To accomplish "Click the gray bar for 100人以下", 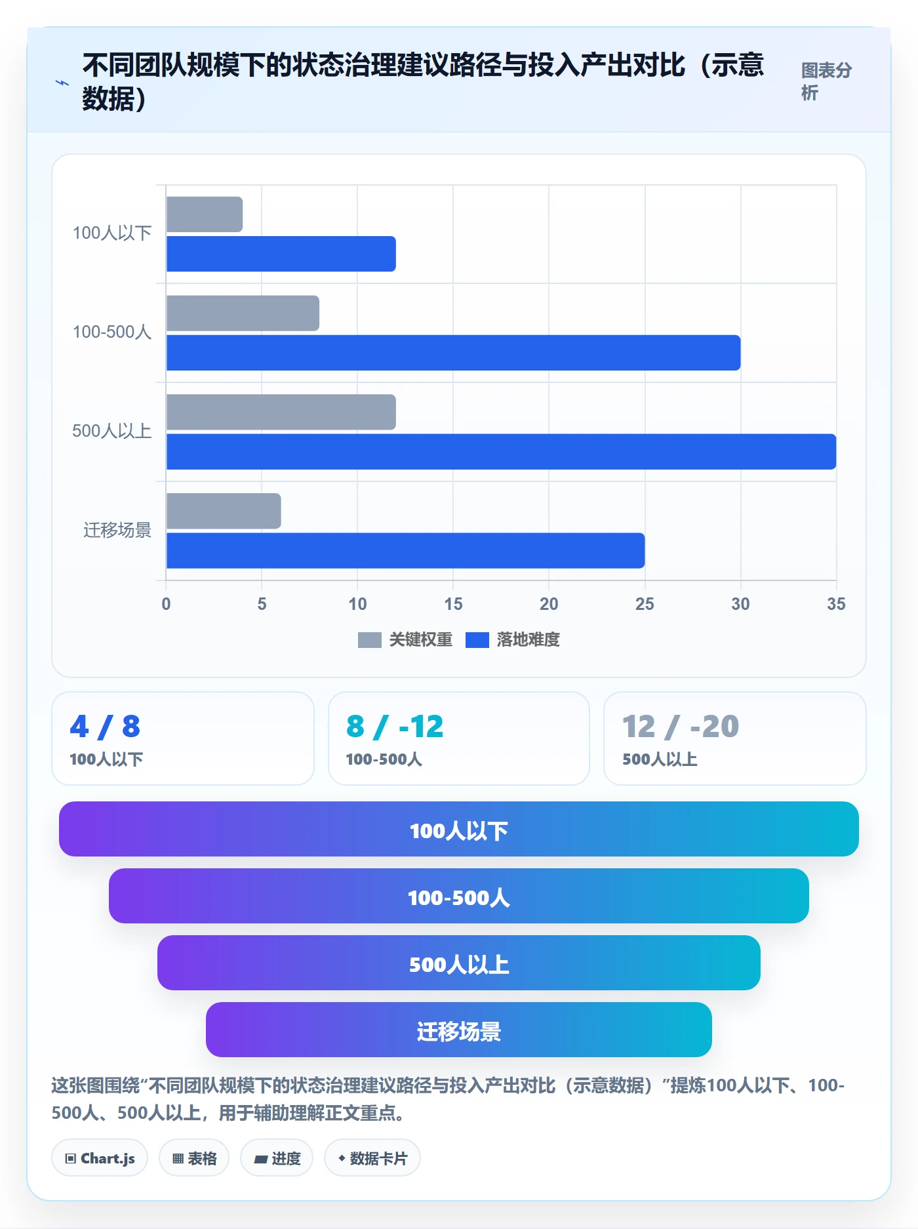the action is pyautogui.click(x=205, y=214).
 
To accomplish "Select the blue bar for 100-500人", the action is pyautogui.click(x=454, y=353).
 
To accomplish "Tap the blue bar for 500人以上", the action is pyautogui.click(x=502, y=452).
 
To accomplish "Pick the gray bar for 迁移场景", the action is pyautogui.click(x=224, y=511).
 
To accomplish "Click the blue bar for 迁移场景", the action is pyautogui.click(x=406, y=551).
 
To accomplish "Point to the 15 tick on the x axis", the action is pyautogui.click(x=453, y=604).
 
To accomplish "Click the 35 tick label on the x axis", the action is pyautogui.click(x=836, y=604).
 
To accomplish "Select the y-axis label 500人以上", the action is pyautogui.click(x=111, y=431).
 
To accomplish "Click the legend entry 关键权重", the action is pyautogui.click(x=405, y=639).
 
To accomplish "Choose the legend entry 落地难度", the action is pyautogui.click(x=513, y=639).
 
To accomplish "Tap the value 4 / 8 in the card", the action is pyautogui.click(x=105, y=727).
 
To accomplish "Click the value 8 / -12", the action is pyautogui.click(x=395, y=727).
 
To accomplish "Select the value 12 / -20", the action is pyautogui.click(x=681, y=727).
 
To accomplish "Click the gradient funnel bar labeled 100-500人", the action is pyautogui.click(x=459, y=896).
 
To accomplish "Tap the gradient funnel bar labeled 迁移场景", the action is pyautogui.click(x=459, y=1030).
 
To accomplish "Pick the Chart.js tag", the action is pyautogui.click(x=100, y=1158).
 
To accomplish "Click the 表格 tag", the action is pyautogui.click(x=194, y=1158).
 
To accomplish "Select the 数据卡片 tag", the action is pyautogui.click(x=372, y=1158).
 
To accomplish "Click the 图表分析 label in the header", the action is pyautogui.click(x=826, y=81).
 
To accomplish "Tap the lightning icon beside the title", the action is pyautogui.click(x=62, y=83).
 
